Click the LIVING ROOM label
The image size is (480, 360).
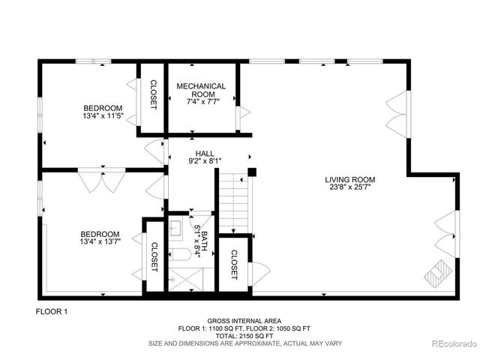[349, 180]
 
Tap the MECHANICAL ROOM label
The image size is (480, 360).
[201, 91]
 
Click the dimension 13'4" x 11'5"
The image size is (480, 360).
[103, 116]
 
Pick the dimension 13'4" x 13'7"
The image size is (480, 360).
[100, 241]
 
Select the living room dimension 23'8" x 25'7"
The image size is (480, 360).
[349, 189]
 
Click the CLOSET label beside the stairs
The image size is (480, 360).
[233, 265]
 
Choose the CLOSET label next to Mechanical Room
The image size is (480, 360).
[152, 95]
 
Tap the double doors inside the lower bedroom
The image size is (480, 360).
[97, 181]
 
